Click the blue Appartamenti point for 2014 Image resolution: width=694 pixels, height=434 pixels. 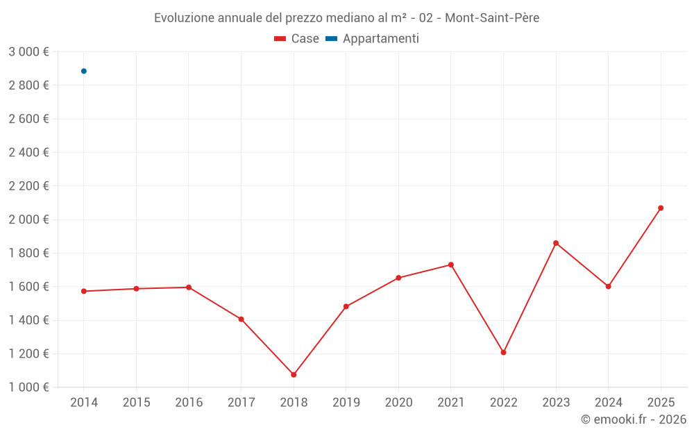click(84, 71)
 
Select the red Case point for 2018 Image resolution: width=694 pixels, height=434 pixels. click(294, 374)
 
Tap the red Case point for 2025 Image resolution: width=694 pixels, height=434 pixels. click(661, 208)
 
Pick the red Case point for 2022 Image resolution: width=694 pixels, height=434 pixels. click(503, 352)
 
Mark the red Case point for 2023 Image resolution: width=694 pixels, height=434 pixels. click(556, 243)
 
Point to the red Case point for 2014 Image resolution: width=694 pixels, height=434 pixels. click(84, 291)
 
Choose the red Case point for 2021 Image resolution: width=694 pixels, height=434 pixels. click(451, 265)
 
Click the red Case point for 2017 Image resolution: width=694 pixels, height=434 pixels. click(241, 319)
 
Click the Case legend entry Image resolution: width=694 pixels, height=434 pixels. click(296, 39)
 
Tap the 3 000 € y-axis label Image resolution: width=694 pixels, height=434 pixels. click(28, 51)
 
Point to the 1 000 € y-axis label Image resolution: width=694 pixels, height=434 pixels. click(28, 387)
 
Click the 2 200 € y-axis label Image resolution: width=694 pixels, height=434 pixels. click(28, 185)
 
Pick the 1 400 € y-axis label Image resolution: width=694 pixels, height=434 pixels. click(28, 320)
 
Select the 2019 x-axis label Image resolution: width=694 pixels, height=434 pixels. click(346, 402)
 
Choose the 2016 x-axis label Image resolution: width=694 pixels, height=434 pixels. click(189, 402)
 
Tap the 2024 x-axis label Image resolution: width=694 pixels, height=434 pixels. click(608, 402)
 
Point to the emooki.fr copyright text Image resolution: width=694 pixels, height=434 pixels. click(634, 419)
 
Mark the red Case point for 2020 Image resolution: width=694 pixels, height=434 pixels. click(398, 278)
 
